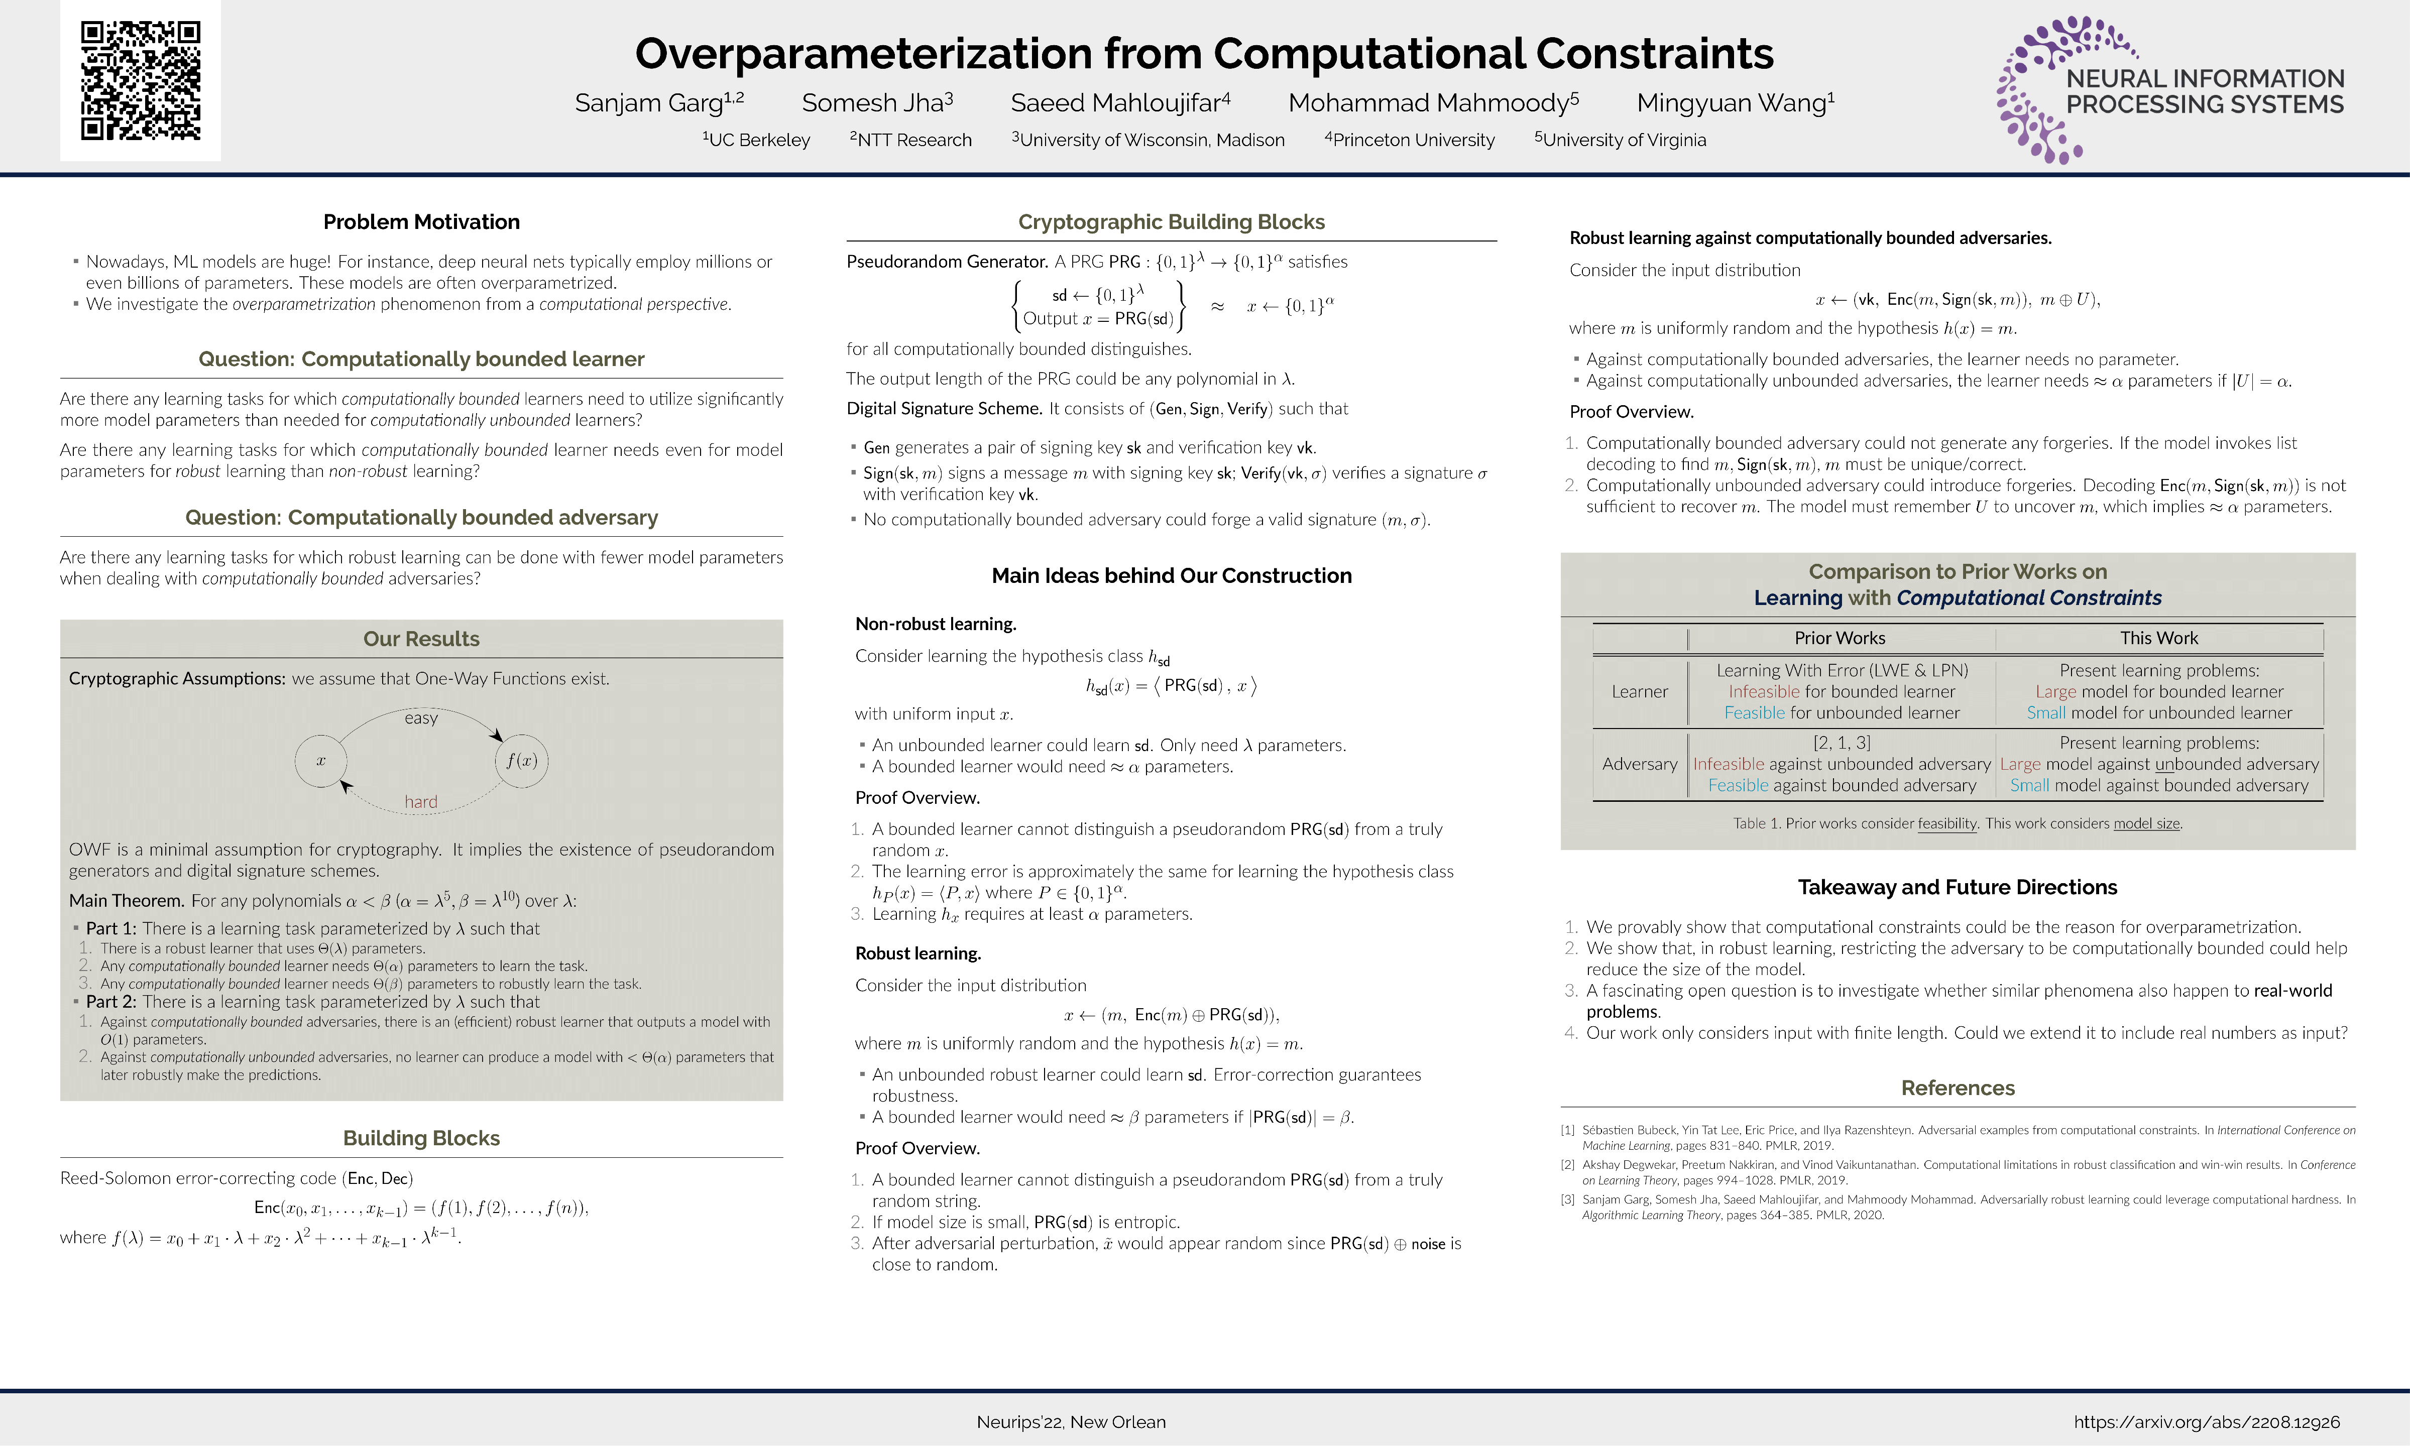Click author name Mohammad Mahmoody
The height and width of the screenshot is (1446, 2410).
(1433, 102)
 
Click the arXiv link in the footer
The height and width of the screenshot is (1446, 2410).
(2206, 1421)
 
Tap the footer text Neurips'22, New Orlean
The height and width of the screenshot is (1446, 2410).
(1071, 1421)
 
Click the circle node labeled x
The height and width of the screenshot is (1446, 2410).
(320, 760)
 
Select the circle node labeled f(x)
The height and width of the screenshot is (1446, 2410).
(522, 760)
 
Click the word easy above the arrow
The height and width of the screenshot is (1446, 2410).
(421, 718)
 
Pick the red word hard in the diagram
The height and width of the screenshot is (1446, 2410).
(421, 802)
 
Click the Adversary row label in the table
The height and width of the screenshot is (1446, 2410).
(1639, 764)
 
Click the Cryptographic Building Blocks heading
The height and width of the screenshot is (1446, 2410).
(1172, 222)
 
